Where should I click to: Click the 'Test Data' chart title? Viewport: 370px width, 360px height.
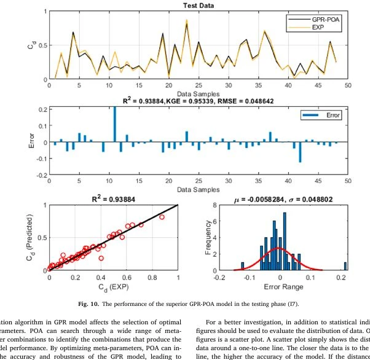(x=198, y=6)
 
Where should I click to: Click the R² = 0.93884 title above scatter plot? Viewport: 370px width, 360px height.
(x=113, y=199)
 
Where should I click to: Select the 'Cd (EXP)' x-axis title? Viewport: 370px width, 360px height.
(x=113, y=287)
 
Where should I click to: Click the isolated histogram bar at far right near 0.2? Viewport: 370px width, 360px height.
(x=345, y=266)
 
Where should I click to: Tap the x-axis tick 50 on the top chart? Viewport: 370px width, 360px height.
(x=348, y=86)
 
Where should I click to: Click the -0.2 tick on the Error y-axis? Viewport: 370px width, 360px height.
(x=41, y=175)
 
